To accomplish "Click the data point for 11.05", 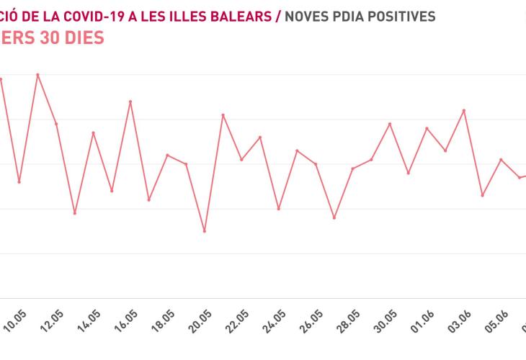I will pos(37,74).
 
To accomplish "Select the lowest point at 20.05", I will pos(205,231).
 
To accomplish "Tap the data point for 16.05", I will pos(130,102).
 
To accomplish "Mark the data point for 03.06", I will pos(464,110).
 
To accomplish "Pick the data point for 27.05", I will pos(334,217).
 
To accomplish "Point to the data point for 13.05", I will pos(74,213).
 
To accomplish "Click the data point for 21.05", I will pos(223,114).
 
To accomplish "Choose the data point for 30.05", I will pos(390,124).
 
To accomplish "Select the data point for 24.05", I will pos(279,209).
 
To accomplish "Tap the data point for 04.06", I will pos(483,195).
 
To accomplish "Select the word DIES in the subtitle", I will pos(81,38).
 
